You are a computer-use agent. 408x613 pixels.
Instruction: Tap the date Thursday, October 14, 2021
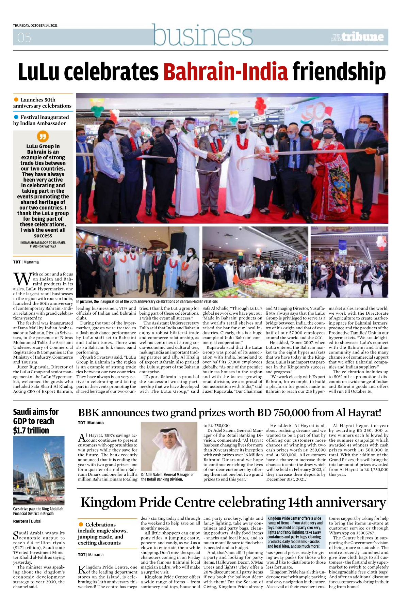coord(35,26)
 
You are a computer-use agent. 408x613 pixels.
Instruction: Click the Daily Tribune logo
coord(357,37)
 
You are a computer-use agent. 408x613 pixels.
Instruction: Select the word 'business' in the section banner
coord(202,35)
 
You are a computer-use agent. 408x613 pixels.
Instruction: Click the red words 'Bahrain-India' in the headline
coord(226,73)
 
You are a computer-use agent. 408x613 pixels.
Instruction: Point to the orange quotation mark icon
coord(43,137)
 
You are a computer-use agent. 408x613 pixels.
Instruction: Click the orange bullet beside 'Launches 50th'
coord(16,100)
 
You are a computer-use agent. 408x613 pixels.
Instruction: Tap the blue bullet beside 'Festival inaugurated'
coord(16,117)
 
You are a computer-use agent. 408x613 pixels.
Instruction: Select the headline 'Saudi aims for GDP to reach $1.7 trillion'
coord(36,421)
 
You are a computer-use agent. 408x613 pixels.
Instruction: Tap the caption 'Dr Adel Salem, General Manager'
coord(167,477)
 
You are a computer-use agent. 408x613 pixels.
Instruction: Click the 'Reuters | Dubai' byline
coord(27,521)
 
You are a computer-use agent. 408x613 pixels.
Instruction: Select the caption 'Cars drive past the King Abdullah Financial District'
coord(38,511)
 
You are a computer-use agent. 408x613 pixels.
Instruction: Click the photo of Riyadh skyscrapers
coord(39,470)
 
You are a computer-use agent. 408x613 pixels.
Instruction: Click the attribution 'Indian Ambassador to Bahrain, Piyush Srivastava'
coord(43,244)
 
